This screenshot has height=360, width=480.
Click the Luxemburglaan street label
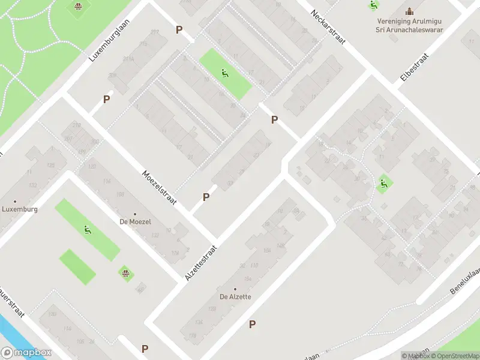[x=110, y=40]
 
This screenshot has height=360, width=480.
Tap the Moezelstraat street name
[x=159, y=188]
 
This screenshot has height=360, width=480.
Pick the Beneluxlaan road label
[x=466, y=280]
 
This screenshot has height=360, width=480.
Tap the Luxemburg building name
[x=19, y=209]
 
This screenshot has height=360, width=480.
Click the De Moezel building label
[x=135, y=222]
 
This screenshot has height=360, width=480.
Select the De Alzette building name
[x=235, y=296]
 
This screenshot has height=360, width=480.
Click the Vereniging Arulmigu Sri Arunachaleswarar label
[x=410, y=25]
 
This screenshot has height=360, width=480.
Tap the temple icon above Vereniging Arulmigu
[x=410, y=11]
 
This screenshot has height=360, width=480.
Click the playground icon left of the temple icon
[x=374, y=5]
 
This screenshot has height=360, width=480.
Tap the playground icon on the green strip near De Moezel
[x=88, y=229]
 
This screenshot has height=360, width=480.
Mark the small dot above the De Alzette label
[x=235, y=289]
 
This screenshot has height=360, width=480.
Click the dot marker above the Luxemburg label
[x=15, y=202]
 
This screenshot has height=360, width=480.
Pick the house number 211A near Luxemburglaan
[x=128, y=59]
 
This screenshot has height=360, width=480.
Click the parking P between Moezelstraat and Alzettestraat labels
[x=206, y=197]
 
